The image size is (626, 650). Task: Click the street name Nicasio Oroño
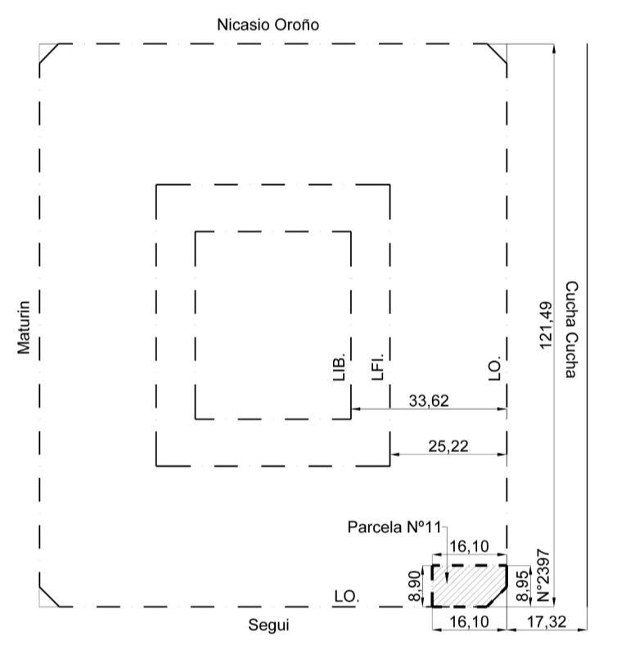(268, 25)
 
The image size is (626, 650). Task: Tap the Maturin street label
(24, 327)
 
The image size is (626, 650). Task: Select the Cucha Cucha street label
(572, 330)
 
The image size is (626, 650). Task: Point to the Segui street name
(268, 625)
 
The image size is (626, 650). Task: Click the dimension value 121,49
(546, 326)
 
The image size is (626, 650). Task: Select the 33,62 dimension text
(429, 401)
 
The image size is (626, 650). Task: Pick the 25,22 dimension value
(448, 446)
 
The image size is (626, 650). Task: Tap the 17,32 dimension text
(546, 622)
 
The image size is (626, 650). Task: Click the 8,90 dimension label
(414, 586)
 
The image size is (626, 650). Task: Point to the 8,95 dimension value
(523, 586)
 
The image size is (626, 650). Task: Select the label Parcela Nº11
(394, 527)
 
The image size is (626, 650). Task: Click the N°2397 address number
(543, 576)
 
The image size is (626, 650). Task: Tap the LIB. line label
(339, 368)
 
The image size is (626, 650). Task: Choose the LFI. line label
(377, 367)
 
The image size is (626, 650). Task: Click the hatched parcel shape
(470, 586)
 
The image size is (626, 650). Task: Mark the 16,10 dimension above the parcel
(470, 547)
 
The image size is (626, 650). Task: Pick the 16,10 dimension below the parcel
(470, 622)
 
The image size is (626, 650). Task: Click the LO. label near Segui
(347, 597)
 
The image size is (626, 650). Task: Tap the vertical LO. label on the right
(495, 368)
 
